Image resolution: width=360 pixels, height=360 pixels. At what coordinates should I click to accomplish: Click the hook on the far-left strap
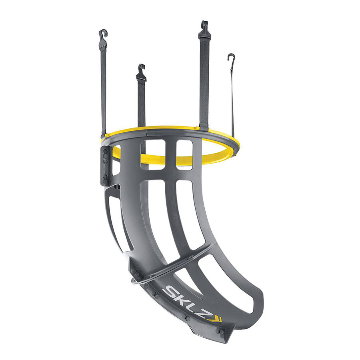click(x=103, y=40)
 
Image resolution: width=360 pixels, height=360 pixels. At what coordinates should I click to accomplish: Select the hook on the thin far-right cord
click(x=232, y=60)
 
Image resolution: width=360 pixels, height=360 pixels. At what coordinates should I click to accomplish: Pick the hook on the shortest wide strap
click(x=141, y=72)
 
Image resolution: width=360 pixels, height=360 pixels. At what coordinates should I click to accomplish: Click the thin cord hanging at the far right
click(x=232, y=101)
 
